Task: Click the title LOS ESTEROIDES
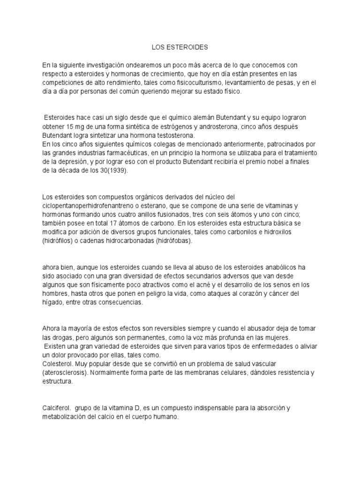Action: tap(180, 47)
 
